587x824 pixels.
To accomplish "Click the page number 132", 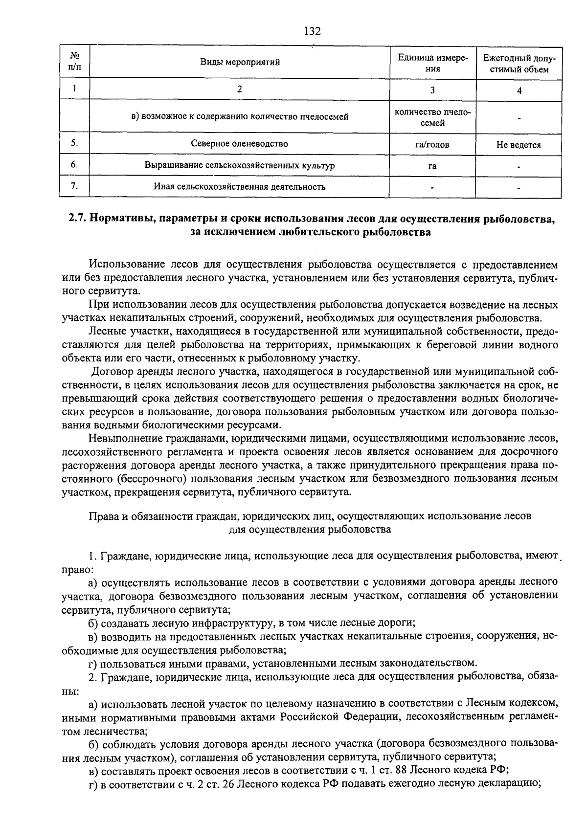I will (x=312, y=31).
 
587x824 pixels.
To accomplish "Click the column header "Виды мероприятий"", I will (x=240, y=62).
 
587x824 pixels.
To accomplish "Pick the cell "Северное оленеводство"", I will (x=239, y=144).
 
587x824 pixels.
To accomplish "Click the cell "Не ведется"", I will (x=519, y=145).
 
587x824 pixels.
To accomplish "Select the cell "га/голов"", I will (x=432, y=145).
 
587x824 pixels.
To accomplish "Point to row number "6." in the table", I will (x=74, y=165).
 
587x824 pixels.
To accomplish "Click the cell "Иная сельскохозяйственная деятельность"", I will (x=239, y=186).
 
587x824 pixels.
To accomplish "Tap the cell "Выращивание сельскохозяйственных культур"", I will (x=239, y=165).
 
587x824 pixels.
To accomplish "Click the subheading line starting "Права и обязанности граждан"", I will (x=309, y=516).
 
